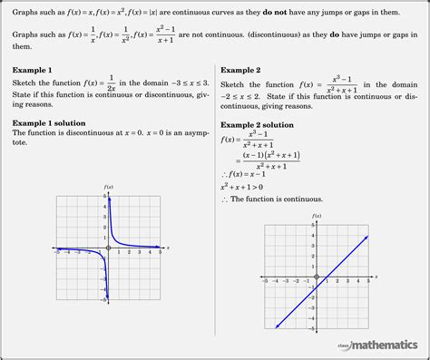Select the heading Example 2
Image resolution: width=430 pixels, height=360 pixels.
pos(240,70)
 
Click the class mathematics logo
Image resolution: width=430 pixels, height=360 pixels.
pos(377,344)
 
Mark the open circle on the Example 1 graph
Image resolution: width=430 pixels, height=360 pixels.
pos(108,248)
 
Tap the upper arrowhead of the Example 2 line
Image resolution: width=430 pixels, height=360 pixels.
pos(367,236)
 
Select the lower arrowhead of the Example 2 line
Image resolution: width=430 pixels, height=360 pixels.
pos(274,326)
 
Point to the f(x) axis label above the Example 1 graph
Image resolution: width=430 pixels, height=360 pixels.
pos(109,187)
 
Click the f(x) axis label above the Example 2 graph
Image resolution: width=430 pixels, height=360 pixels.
pos(316,215)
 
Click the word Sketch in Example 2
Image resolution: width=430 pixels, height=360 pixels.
pos(234,83)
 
